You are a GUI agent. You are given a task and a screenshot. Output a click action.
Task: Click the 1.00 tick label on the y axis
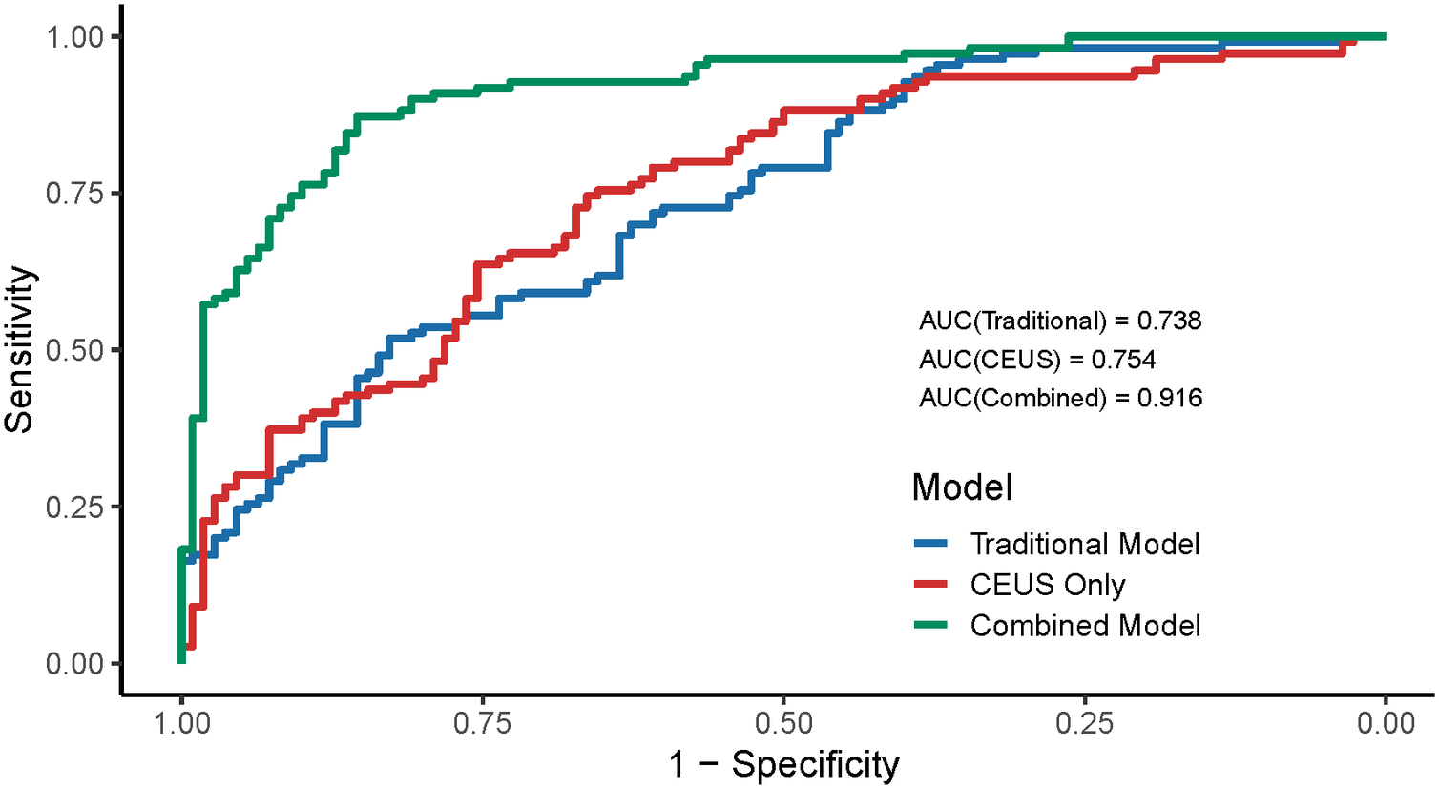[73, 36]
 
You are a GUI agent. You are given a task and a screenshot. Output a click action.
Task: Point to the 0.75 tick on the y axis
[73, 193]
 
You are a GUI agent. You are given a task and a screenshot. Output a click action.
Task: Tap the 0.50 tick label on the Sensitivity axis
[73, 350]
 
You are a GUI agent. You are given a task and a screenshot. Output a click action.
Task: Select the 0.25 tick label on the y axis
[73, 507]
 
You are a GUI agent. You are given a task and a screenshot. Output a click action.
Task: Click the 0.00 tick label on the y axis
[73, 663]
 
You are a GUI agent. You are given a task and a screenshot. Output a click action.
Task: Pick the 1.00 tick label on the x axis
[181, 722]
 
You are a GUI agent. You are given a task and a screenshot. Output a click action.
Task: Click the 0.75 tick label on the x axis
[483, 722]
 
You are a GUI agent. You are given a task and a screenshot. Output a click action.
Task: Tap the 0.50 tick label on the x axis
[783, 722]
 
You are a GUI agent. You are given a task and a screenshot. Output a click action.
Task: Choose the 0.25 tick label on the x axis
[1085, 722]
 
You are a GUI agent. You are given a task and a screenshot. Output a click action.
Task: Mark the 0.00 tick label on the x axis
[1386, 722]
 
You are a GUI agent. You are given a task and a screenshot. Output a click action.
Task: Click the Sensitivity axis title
[21, 350]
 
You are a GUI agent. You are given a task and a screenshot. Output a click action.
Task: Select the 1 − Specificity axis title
[783, 764]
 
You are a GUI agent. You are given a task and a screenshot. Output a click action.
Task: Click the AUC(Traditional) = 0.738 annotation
[1060, 321]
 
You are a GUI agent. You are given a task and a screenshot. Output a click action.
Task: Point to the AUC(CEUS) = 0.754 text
[1037, 360]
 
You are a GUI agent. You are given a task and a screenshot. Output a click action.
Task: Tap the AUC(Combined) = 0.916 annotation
[1060, 398]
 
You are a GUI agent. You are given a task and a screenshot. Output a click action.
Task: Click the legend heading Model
[962, 487]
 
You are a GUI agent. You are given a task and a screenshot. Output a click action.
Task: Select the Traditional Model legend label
[1085, 544]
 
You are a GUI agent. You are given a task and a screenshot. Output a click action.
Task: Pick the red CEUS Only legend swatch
[930, 585]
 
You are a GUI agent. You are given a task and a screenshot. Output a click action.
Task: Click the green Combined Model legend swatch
[930, 626]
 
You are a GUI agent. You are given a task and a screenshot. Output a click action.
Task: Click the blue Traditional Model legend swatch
[930, 544]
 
